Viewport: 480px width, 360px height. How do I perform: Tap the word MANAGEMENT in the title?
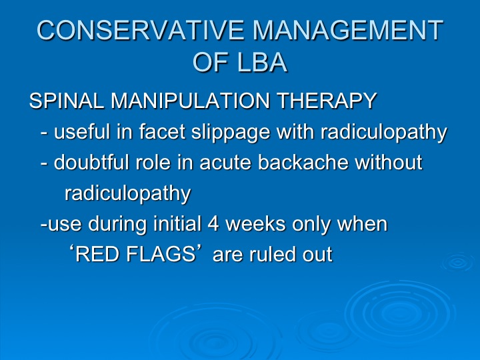(348, 30)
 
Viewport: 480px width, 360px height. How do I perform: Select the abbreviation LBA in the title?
(262, 62)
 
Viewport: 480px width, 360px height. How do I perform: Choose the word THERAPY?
(327, 101)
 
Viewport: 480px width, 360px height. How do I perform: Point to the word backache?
(303, 162)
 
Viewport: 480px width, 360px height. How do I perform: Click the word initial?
(177, 223)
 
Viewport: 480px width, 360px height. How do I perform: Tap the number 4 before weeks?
(213, 223)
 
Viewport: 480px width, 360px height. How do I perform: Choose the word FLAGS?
(161, 254)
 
